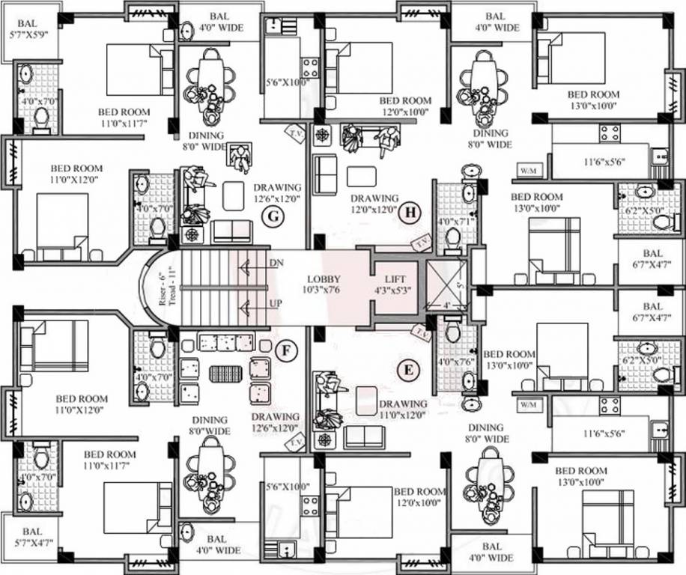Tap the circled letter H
410,213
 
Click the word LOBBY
324,279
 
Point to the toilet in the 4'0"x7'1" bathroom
454,238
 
